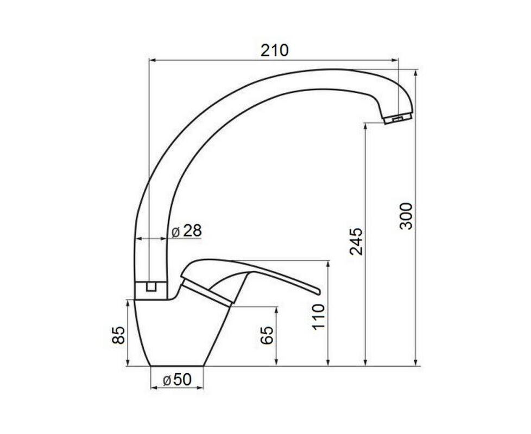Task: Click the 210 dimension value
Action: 274,50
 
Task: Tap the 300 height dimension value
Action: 406,216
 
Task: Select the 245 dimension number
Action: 356,241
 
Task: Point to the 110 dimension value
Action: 319,317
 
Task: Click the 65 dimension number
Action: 268,335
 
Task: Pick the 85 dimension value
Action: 119,335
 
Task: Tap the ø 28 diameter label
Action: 187,231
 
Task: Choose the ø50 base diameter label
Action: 178,380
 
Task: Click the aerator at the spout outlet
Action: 397,119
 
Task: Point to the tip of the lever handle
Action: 319,291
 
